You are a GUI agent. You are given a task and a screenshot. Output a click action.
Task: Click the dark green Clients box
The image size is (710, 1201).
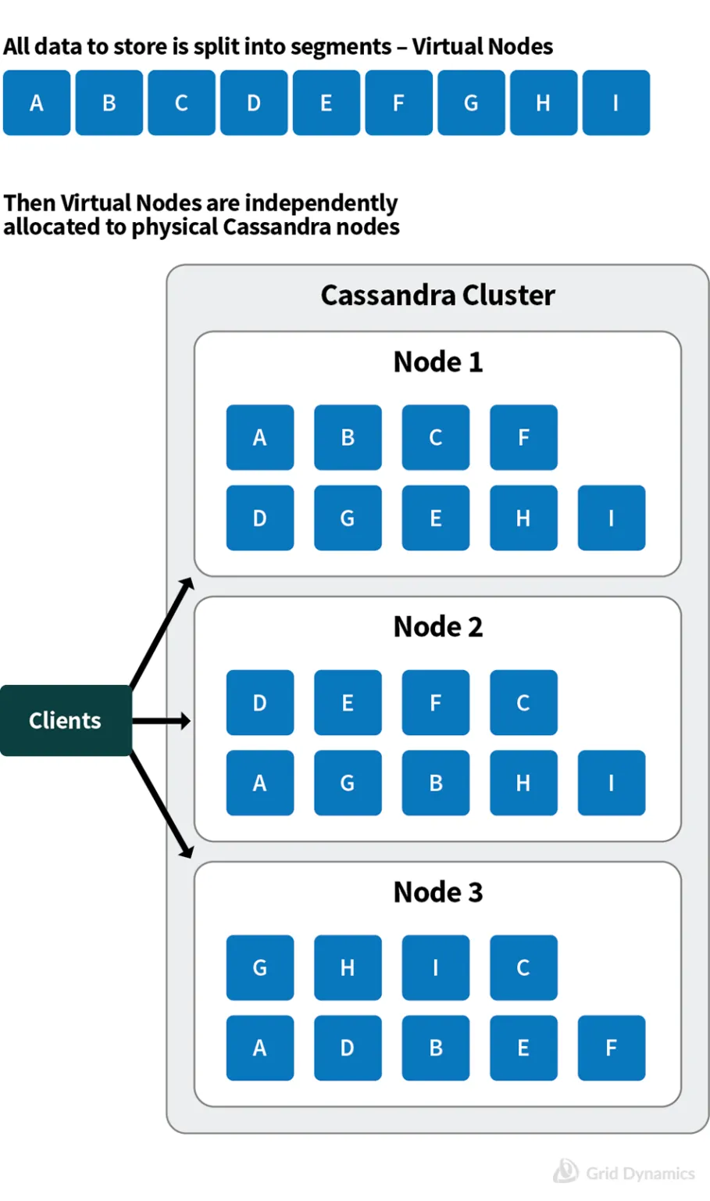tap(66, 720)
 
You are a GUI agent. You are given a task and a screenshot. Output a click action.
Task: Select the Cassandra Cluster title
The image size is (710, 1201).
tap(437, 296)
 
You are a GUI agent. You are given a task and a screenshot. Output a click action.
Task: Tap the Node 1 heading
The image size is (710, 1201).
tap(437, 362)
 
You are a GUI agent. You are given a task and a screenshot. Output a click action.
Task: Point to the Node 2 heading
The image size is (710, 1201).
tap(437, 627)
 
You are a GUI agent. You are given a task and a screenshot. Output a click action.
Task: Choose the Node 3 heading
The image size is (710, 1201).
tap(437, 892)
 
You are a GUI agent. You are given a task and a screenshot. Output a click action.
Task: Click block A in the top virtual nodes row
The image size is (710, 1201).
tap(37, 103)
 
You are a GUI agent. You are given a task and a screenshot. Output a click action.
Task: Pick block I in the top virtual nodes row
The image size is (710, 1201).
tap(615, 103)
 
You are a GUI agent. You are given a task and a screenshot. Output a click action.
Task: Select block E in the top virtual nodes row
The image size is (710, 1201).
tap(326, 103)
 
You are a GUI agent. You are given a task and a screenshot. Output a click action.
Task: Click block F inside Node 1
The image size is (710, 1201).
tap(523, 438)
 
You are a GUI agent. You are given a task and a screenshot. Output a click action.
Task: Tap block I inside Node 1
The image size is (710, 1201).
tap(611, 518)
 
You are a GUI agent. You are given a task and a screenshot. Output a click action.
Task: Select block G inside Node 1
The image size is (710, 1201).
tap(348, 518)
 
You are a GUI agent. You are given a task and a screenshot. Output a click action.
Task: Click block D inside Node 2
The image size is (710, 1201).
tap(260, 703)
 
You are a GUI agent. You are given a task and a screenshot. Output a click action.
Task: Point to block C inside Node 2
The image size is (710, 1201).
tap(523, 703)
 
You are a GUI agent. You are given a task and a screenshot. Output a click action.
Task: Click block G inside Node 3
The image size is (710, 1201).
tap(260, 968)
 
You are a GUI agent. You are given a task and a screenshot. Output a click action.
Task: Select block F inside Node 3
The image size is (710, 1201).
tap(611, 1049)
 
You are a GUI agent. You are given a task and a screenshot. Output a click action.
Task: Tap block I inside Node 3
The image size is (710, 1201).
tap(435, 968)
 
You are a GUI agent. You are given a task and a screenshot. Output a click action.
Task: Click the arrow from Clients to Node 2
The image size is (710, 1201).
tap(161, 721)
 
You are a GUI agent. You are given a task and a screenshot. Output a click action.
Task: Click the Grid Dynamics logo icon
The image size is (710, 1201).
tap(566, 1171)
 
